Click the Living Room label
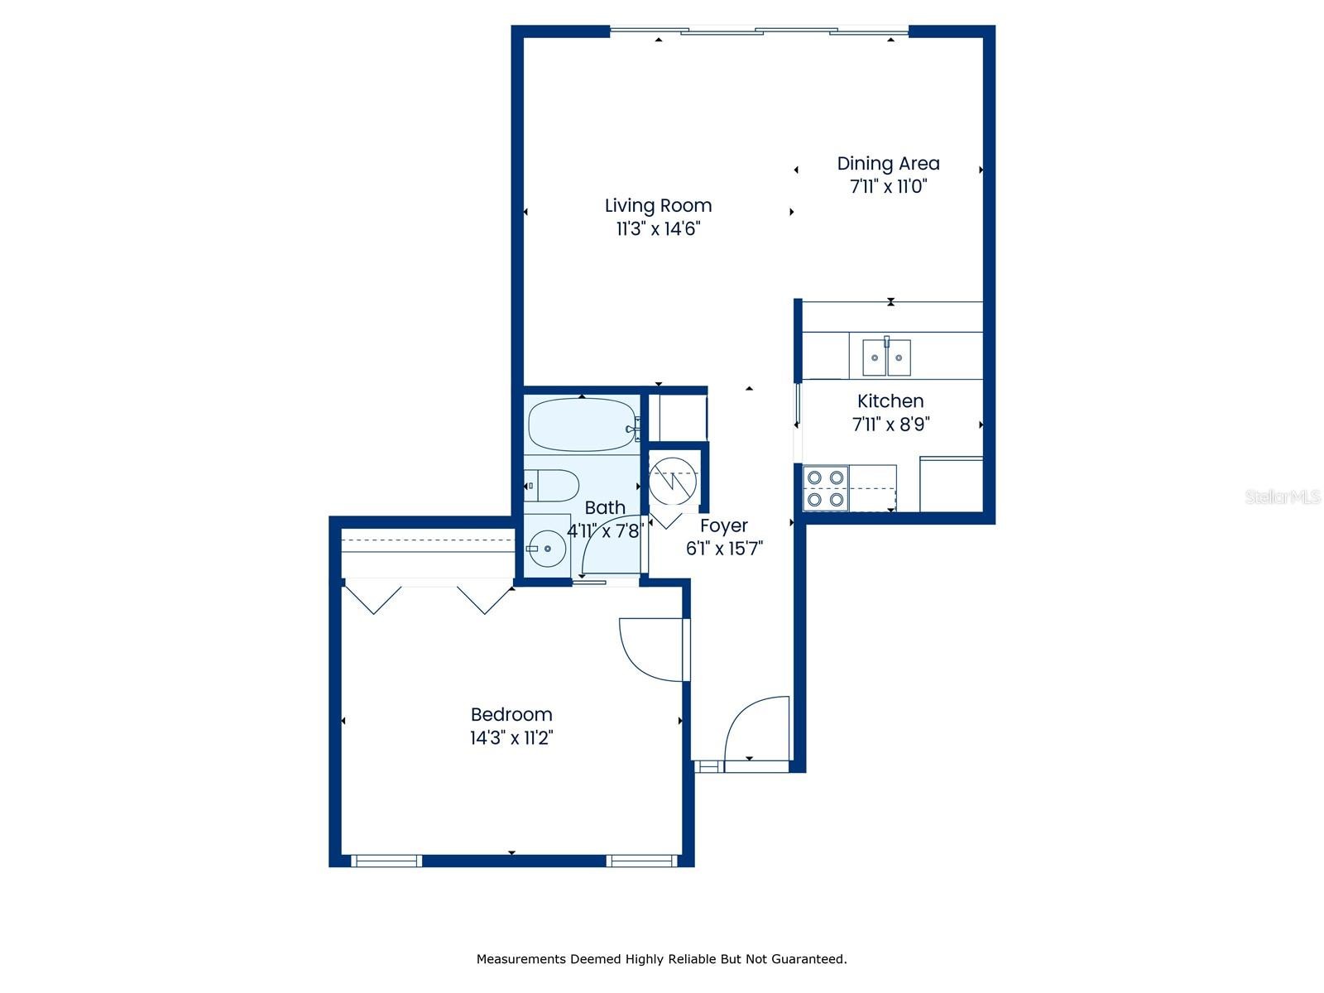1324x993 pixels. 658,205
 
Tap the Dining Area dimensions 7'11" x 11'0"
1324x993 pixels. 887,186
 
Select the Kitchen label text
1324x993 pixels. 890,401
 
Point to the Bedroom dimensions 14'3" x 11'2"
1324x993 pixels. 511,737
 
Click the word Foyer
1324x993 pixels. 723,525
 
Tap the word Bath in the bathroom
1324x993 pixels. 604,507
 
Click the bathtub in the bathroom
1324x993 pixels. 582,425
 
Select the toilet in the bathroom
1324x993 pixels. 551,486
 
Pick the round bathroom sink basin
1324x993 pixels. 547,549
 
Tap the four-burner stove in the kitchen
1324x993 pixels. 824,488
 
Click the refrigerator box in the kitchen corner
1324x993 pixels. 951,485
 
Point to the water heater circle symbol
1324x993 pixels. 672,481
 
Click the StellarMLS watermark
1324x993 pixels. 1282,496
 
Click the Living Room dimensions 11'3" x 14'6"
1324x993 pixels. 658,229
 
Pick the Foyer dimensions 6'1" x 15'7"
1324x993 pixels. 724,549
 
